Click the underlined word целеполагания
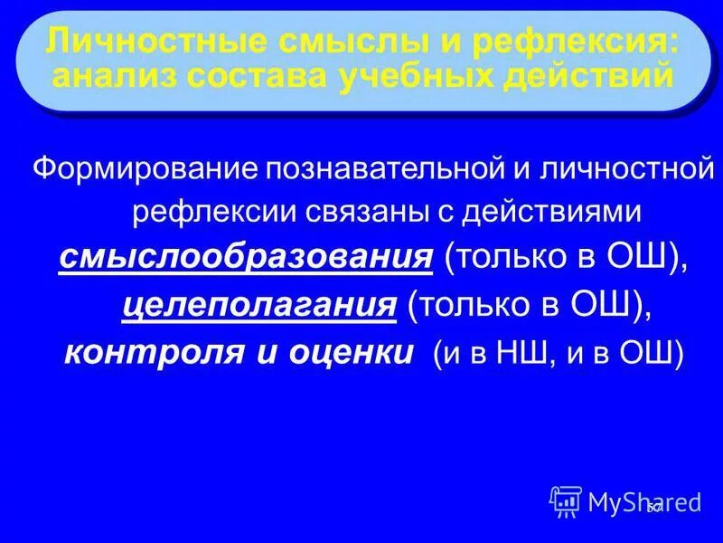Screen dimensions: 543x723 pos(260,306)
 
